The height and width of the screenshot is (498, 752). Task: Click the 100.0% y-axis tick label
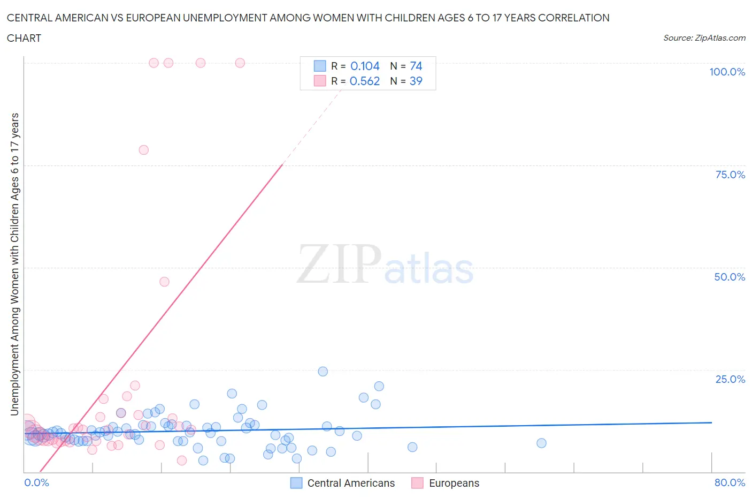coord(727,72)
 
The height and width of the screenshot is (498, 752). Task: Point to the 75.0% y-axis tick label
coord(730,175)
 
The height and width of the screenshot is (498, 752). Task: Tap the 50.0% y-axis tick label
coord(730,277)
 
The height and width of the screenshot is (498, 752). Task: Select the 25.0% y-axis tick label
coord(730,379)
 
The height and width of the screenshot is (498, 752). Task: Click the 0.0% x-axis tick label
coord(36,482)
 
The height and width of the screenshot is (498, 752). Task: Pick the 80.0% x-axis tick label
coord(730,482)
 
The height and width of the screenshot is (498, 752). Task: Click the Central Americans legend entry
coord(350,483)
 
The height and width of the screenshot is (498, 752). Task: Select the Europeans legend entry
coord(454,483)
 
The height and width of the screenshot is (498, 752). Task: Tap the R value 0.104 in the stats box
coord(365,66)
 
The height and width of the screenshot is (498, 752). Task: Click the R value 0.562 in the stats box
coord(365,81)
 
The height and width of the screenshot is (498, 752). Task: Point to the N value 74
coord(416,66)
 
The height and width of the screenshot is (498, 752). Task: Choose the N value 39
coord(416,81)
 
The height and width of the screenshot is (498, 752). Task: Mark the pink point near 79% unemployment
coord(143,150)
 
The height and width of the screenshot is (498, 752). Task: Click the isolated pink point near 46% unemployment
coord(164,282)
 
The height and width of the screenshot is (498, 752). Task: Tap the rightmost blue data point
coord(541,443)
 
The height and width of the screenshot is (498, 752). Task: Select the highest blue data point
coord(323,372)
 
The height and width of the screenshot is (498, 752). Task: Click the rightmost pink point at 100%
coord(240,63)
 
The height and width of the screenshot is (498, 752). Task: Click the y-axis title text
coord(14,264)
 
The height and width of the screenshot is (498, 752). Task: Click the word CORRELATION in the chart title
coord(573,18)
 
